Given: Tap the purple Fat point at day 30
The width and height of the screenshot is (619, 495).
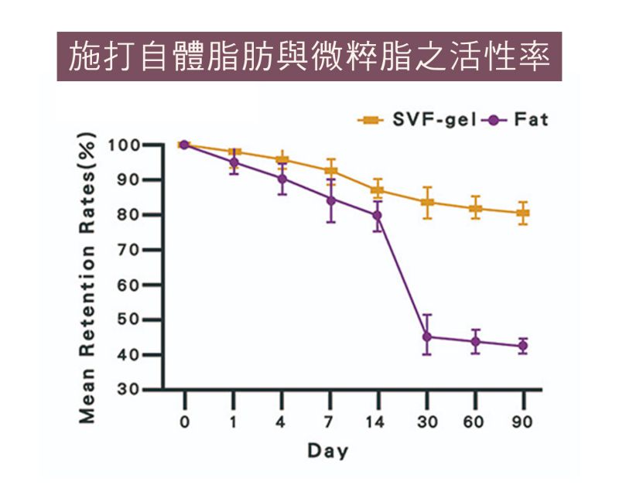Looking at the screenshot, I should pyautogui.click(x=426, y=336).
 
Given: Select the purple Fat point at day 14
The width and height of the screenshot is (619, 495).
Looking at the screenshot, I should pyautogui.click(x=378, y=215).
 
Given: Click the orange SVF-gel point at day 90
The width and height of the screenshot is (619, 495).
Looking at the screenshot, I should pyautogui.click(x=523, y=213).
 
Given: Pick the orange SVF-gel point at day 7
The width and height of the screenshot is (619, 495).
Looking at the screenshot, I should pyautogui.click(x=330, y=171).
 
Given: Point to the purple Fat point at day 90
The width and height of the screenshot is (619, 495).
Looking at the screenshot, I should pyautogui.click(x=523, y=346).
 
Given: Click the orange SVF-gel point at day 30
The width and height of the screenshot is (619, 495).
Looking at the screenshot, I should pyautogui.click(x=426, y=203).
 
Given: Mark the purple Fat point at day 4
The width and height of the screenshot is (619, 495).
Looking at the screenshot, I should pyautogui.click(x=282, y=179).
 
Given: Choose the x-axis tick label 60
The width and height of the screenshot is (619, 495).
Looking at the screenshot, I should pyautogui.click(x=474, y=422).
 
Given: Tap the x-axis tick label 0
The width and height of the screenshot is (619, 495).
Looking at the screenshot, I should pyautogui.click(x=184, y=422).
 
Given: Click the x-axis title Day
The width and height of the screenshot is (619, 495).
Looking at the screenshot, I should pyautogui.click(x=328, y=450).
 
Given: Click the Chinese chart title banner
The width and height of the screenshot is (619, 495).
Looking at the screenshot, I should pyautogui.click(x=309, y=56).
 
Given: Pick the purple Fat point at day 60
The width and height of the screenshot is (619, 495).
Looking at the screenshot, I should pyautogui.click(x=475, y=341).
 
